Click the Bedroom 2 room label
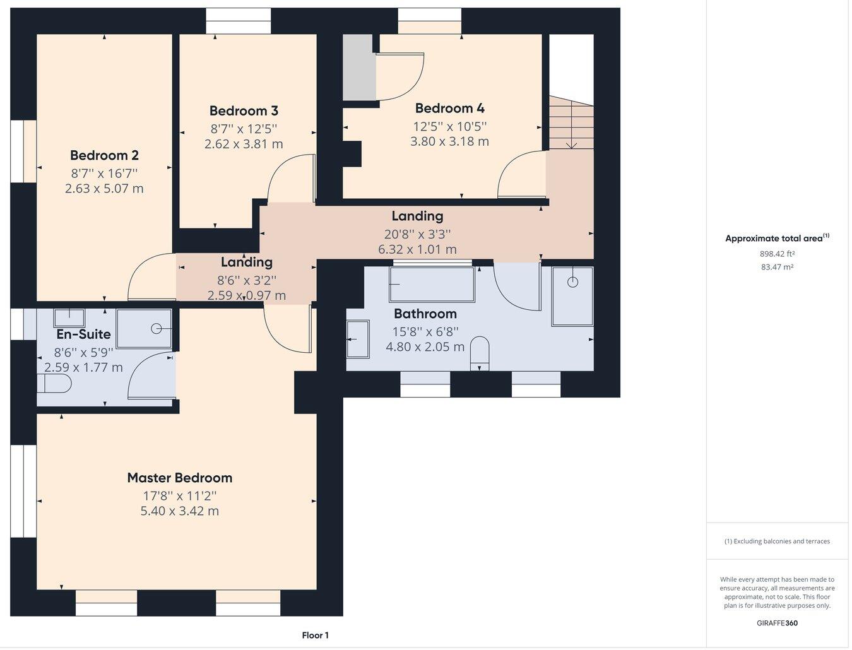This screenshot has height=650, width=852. pyautogui.click(x=104, y=155)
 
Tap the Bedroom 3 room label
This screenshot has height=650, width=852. pyautogui.click(x=244, y=111)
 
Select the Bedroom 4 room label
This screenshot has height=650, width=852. pyautogui.click(x=449, y=109)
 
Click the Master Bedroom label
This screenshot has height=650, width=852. pyautogui.click(x=179, y=478)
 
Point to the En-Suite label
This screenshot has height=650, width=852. pyautogui.click(x=83, y=334)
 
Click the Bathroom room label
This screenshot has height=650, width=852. pyautogui.click(x=425, y=314)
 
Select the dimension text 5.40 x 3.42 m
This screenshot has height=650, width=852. pyautogui.click(x=179, y=511)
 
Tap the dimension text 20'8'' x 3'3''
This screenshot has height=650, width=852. pyautogui.click(x=417, y=234)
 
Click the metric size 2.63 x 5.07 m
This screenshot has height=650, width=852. pyautogui.click(x=104, y=189)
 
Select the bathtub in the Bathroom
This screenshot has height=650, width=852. pyautogui.click(x=432, y=285)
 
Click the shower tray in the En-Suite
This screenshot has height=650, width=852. pyautogui.click(x=144, y=328)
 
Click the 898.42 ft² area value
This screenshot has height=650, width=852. pyautogui.click(x=777, y=254)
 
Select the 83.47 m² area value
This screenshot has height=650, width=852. pyautogui.click(x=777, y=267)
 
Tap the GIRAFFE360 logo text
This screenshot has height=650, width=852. pyautogui.click(x=777, y=623)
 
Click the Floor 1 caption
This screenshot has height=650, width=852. pyautogui.click(x=315, y=635)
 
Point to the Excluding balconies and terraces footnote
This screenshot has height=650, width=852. pyautogui.click(x=777, y=541)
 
